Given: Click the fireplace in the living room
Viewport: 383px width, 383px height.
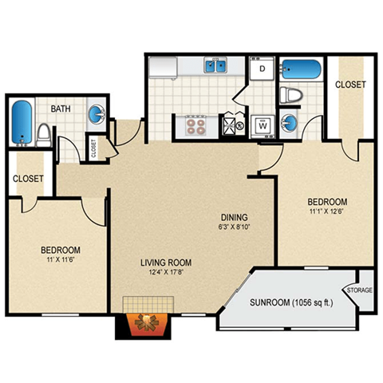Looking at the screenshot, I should coord(147,322).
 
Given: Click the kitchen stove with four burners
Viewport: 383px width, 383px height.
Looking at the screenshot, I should coord(196,124).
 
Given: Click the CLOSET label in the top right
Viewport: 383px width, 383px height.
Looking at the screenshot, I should coord(350,85).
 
